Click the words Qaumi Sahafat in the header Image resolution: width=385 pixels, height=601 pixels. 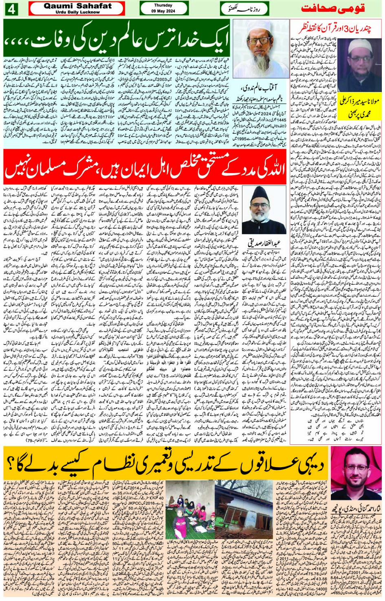point(77,6)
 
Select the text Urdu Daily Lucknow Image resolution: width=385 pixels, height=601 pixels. point(77,12)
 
